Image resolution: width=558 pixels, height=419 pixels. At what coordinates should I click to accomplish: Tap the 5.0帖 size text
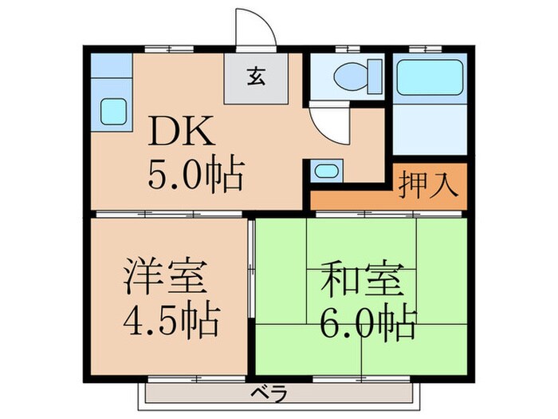pos(195,174)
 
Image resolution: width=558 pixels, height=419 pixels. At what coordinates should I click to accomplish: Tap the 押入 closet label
pos(429,183)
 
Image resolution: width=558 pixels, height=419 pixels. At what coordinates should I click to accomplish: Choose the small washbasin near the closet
pos(325,170)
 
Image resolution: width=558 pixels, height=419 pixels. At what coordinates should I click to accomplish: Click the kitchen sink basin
pos(112,110)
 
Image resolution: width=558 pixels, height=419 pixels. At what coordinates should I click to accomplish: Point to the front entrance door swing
pos(257,30)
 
